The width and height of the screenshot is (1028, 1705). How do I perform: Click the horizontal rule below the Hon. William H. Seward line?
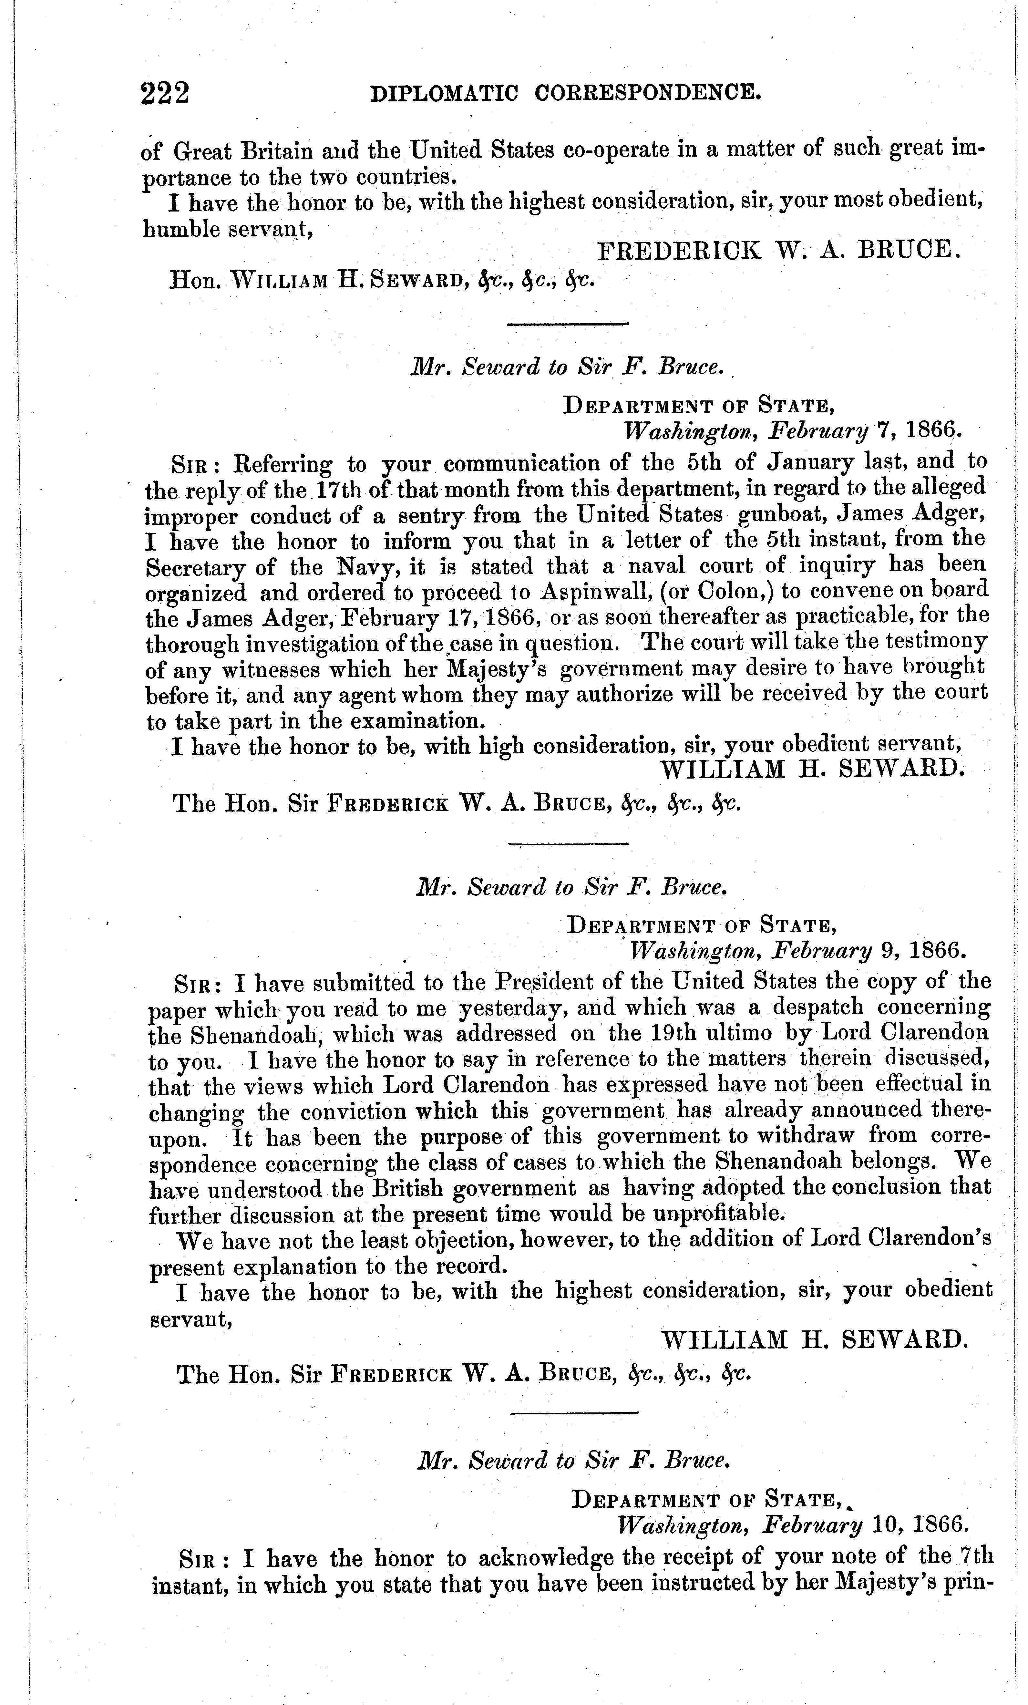point(567,323)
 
